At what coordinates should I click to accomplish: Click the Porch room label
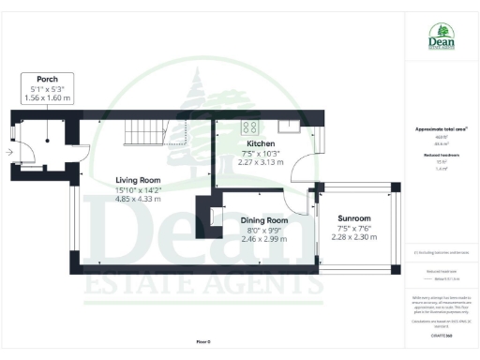pyautogui.click(x=48, y=79)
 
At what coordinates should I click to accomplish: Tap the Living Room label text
pyautogui.click(x=138, y=179)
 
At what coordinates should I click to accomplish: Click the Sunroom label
pyautogui.click(x=353, y=218)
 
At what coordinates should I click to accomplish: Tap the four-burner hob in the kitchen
pyautogui.click(x=251, y=127)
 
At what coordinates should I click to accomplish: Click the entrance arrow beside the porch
pyautogui.click(x=8, y=151)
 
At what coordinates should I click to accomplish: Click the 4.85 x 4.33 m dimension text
pyautogui.click(x=138, y=199)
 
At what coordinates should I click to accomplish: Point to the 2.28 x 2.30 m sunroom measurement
pyautogui.click(x=356, y=237)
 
